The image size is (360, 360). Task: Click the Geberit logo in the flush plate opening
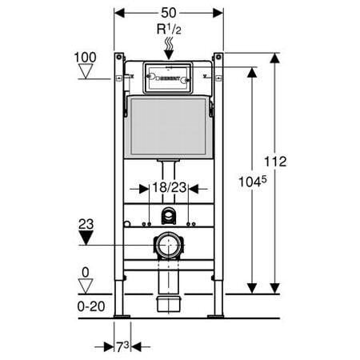tap(168, 80)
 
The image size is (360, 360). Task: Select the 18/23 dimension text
tap(168, 190)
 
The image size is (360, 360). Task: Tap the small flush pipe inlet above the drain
tap(168, 214)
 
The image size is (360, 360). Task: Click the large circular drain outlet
tap(168, 243)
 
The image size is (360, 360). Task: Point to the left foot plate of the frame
tap(121, 317)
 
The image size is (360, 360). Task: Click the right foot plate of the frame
tap(215, 317)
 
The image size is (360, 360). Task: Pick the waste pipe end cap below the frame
tap(168, 302)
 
